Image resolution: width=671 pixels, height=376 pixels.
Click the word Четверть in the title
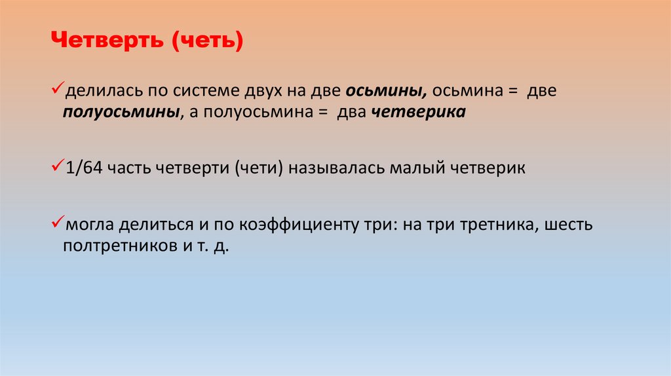(x=107, y=43)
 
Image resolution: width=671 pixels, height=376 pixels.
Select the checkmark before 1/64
(x=56, y=166)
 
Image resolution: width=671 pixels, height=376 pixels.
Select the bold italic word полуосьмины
(x=123, y=112)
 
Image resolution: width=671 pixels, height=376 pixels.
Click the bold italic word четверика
(x=419, y=112)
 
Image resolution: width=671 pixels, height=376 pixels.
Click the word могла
(x=89, y=226)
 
